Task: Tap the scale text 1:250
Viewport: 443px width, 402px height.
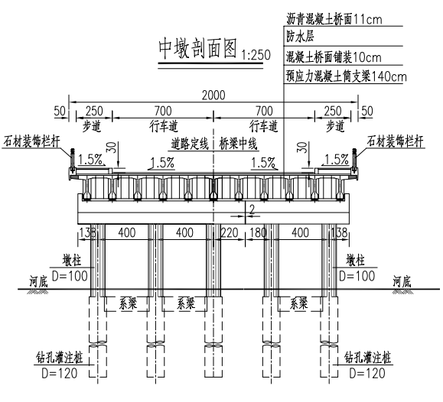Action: click(256, 55)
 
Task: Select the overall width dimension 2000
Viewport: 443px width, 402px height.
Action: click(213, 96)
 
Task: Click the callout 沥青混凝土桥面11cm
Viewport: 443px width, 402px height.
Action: click(334, 19)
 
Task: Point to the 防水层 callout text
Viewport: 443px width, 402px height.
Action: click(300, 37)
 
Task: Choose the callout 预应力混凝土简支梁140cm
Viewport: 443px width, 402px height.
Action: click(346, 76)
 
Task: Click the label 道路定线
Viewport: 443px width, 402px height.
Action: click(190, 144)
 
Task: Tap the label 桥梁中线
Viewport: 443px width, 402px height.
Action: click(238, 144)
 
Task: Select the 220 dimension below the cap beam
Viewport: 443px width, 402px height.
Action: click(229, 233)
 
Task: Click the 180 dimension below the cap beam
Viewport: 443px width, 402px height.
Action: click(258, 233)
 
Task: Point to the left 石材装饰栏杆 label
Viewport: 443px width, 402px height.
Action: click(31, 141)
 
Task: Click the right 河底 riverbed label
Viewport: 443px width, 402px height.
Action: click(402, 281)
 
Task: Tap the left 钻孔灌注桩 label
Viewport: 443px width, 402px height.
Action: click(59, 358)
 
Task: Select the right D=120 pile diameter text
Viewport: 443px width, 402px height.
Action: click(367, 373)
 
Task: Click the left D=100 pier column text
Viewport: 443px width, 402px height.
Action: click(70, 276)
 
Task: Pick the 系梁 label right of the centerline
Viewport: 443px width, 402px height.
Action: click(299, 303)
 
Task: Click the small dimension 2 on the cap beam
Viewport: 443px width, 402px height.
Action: click(252, 209)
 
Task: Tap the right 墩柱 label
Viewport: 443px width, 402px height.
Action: click(355, 261)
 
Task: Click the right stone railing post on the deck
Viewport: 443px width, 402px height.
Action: click(353, 160)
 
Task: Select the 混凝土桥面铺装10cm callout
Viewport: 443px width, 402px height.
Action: click(334, 57)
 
